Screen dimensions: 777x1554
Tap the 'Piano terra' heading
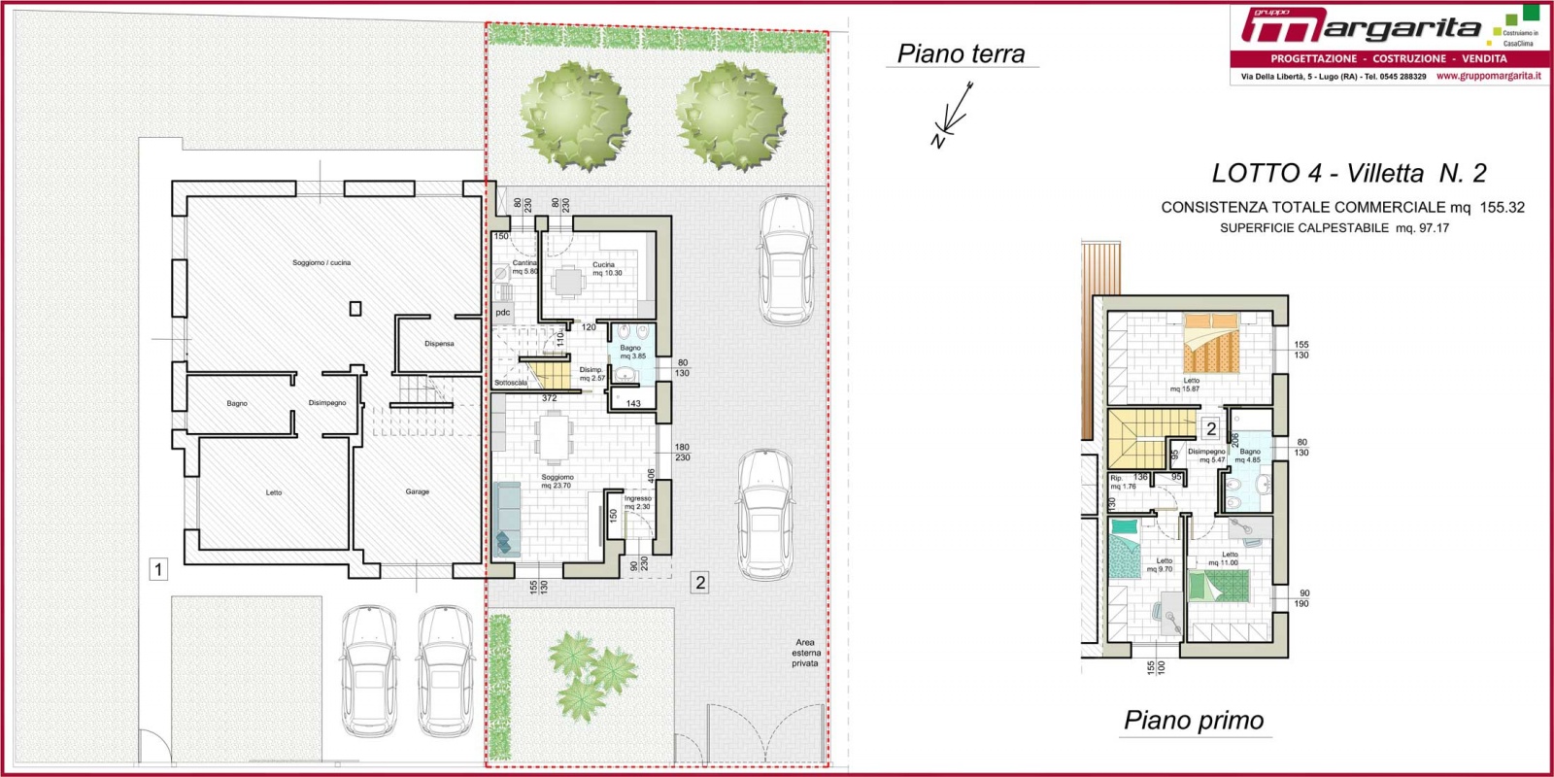pyautogui.click(x=961, y=53)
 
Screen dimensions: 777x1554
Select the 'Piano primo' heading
pyautogui.click(x=1194, y=720)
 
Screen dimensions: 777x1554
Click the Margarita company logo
pyautogui.click(x=1360, y=27)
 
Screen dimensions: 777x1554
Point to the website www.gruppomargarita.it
pyautogui.click(x=1488, y=76)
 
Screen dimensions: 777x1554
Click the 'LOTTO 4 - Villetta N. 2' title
pyautogui.click(x=1348, y=173)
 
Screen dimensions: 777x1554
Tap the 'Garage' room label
pyautogui.click(x=417, y=491)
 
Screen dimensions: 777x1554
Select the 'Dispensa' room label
pyautogui.click(x=439, y=344)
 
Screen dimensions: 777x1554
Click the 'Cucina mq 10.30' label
pyautogui.click(x=606, y=269)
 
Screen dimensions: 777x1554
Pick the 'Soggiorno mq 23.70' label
pyautogui.click(x=557, y=481)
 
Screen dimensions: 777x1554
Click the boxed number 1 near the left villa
pyautogui.click(x=158, y=569)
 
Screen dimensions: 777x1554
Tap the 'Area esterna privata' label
pyautogui.click(x=804, y=653)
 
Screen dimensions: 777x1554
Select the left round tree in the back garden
pyautogui.click(x=575, y=117)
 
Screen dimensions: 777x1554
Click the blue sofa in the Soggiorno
pyautogui.click(x=506, y=520)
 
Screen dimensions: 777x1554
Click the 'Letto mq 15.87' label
pyautogui.click(x=1186, y=385)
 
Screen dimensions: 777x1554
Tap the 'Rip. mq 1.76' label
pyautogui.click(x=1122, y=482)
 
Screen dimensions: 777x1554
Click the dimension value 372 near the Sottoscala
pyautogui.click(x=549, y=398)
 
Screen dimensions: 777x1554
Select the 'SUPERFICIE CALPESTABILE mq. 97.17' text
pyautogui.click(x=1334, y=228)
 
